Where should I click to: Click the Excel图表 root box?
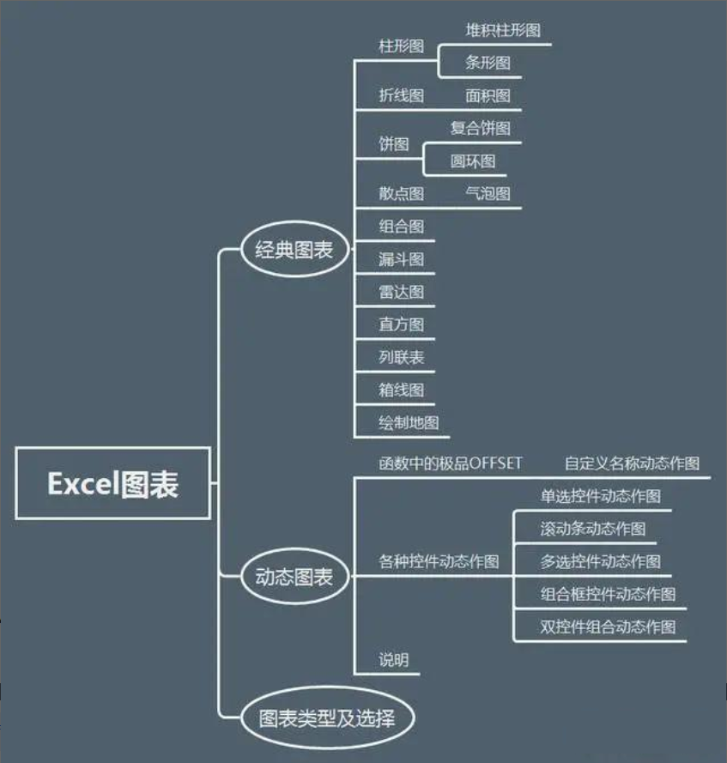pyautogui.click(x=112, y=483)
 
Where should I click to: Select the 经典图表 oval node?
pyautogui.click(x=294, y=250)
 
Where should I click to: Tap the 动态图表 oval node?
pyautogui.click(x=294, y=577)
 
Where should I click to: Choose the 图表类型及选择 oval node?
pyautogui.click(x=326, y=717)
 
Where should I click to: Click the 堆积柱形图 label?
pyautogui.click(x=503, y=30)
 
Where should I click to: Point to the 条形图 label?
pyautogui.click(x=488, y=63)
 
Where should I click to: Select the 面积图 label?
pyautogui.click(x=488, y=95)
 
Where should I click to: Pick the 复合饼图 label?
pyautogui.click(x=480, y=128)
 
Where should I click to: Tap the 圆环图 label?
pyautogui.click(x=473, y=160)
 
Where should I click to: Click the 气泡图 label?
pyautogui.click(x=488, y=193)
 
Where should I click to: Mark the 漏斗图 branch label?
pyautogui.click(x=401, y=259)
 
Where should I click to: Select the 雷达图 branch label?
pyautogui.click(x=401, y=292)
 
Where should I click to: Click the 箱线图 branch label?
pyautogui.click(x=401, y=390)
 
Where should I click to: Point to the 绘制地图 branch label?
pyautogui.click(x=409, y=422)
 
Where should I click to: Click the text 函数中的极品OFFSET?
pyautogui.click(x=450, y=463)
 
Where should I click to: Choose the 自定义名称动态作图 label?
pyautogui.click(x=632, y=463)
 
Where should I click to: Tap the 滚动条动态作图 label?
pyautogui.click(x=593, y=529)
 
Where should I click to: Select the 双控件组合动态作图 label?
pyautogui.click(x=608, y=627)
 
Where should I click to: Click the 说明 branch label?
pyautogui.click(x=394, y=660)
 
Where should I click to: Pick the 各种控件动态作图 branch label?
pyautogui.click(x=439, y=562)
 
